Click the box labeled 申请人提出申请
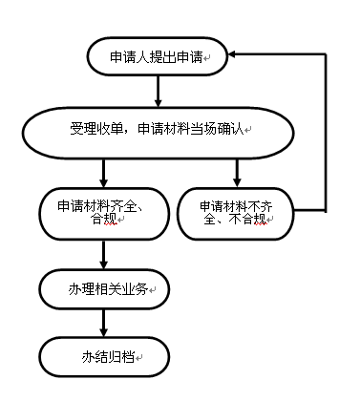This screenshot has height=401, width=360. click(157, 57)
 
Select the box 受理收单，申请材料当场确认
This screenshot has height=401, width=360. click(157, 129)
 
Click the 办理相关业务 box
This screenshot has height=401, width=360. click(103, 287)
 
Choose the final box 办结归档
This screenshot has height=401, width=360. click(103, 357)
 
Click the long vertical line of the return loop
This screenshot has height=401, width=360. click(326, 134)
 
